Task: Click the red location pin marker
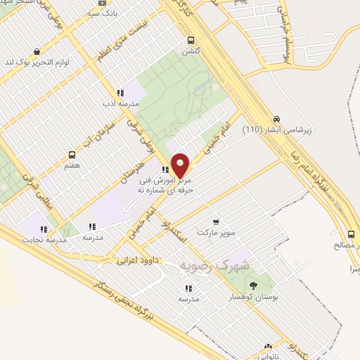181,165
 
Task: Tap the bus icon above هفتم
72,155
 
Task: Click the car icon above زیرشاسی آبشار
277,119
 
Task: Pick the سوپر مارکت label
214,231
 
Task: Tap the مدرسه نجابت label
44,240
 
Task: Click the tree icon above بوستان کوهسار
253,285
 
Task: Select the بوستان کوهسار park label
255,297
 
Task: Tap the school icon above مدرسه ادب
120,92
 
